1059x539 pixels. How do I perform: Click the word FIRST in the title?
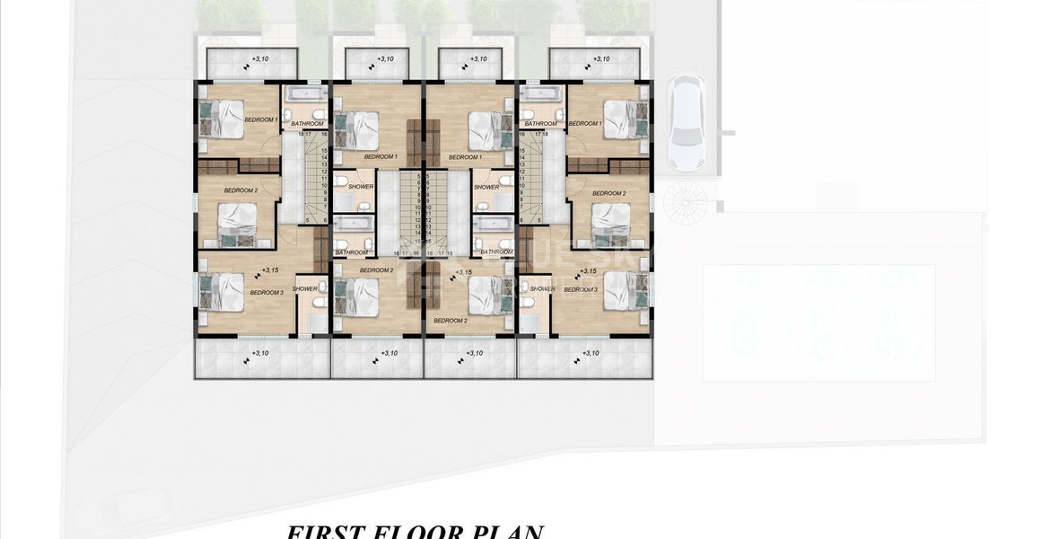point(322,530)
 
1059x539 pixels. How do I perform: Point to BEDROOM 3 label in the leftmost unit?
point(267,292)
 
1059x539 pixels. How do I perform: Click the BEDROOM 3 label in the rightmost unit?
point(580,289)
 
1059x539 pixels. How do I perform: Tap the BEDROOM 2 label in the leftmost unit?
point(241,190)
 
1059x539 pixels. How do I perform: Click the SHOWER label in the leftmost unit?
point(304,288)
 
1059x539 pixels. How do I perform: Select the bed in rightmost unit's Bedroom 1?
point(622,118)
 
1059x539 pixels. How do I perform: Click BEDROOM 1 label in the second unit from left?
point(380,156)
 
